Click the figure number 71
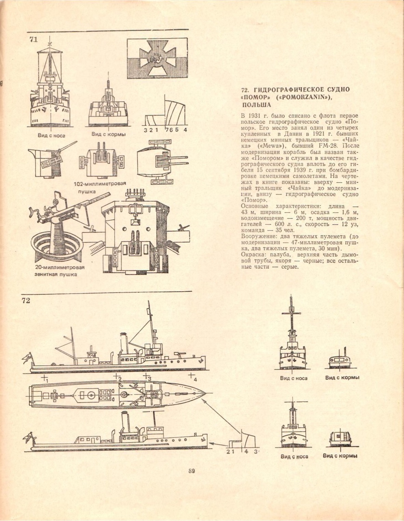pos(33,40)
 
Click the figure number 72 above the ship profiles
pos(26,300)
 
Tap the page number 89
pos(191,471)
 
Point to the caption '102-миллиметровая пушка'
pos(100,187)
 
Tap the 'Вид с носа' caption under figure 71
pos(51,136)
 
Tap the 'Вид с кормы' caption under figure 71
pos(108,134)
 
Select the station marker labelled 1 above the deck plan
pos(45,379)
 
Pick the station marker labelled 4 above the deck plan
pos(192,377)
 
